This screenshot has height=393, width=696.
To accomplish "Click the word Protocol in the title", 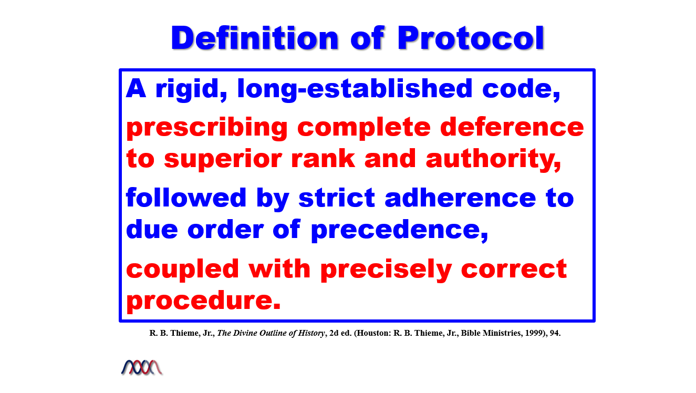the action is pyautogui.click(x=471, y=38).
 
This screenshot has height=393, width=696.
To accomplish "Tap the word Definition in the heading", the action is pyautogui.click(x=254, y=38).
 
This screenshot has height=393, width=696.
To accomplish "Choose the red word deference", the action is pyautogui.click(x=512, y=127).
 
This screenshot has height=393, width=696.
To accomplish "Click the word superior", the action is pyautogui.click(x=223, y=159).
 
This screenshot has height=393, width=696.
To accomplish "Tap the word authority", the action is pyautogui.click(x=493, y=159).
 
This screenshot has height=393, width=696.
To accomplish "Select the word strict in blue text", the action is pyautogui.click(x=337, y=198).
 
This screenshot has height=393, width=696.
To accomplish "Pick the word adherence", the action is pyautogui.click(x=460, y=198).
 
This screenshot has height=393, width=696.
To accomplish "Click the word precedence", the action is pyautogui.click(x=400, y=230).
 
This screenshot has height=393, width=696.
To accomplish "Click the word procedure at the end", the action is pyautogui.click(x=203, y=301).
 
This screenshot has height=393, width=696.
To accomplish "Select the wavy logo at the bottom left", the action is pyautogui.click(x=142, y=368).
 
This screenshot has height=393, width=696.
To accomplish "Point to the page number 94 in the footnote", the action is pyautogui.click(x=555, y=333).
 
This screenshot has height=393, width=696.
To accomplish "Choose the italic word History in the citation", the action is pyautogui.click(x=311, y=333).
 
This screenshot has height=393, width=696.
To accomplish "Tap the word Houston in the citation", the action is pyautogui.click(x=374, y=333).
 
